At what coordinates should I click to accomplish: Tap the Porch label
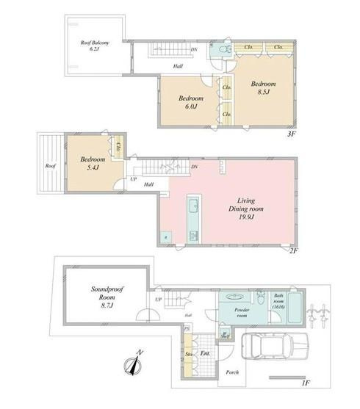pos(234,372)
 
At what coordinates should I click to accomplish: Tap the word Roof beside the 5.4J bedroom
pos(50,166)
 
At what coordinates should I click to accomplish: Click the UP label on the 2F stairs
pos(133,179)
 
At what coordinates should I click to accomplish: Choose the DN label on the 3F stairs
pos(194,50)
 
